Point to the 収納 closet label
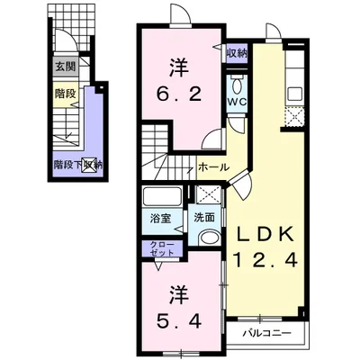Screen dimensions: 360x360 click(237, 54)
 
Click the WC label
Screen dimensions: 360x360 click(236, 103)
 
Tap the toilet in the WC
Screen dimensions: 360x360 click(237, 86)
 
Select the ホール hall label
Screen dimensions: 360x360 click(211, 166)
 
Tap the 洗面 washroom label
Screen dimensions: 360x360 click(203, 217)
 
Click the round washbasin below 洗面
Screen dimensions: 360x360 click(209, 238)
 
